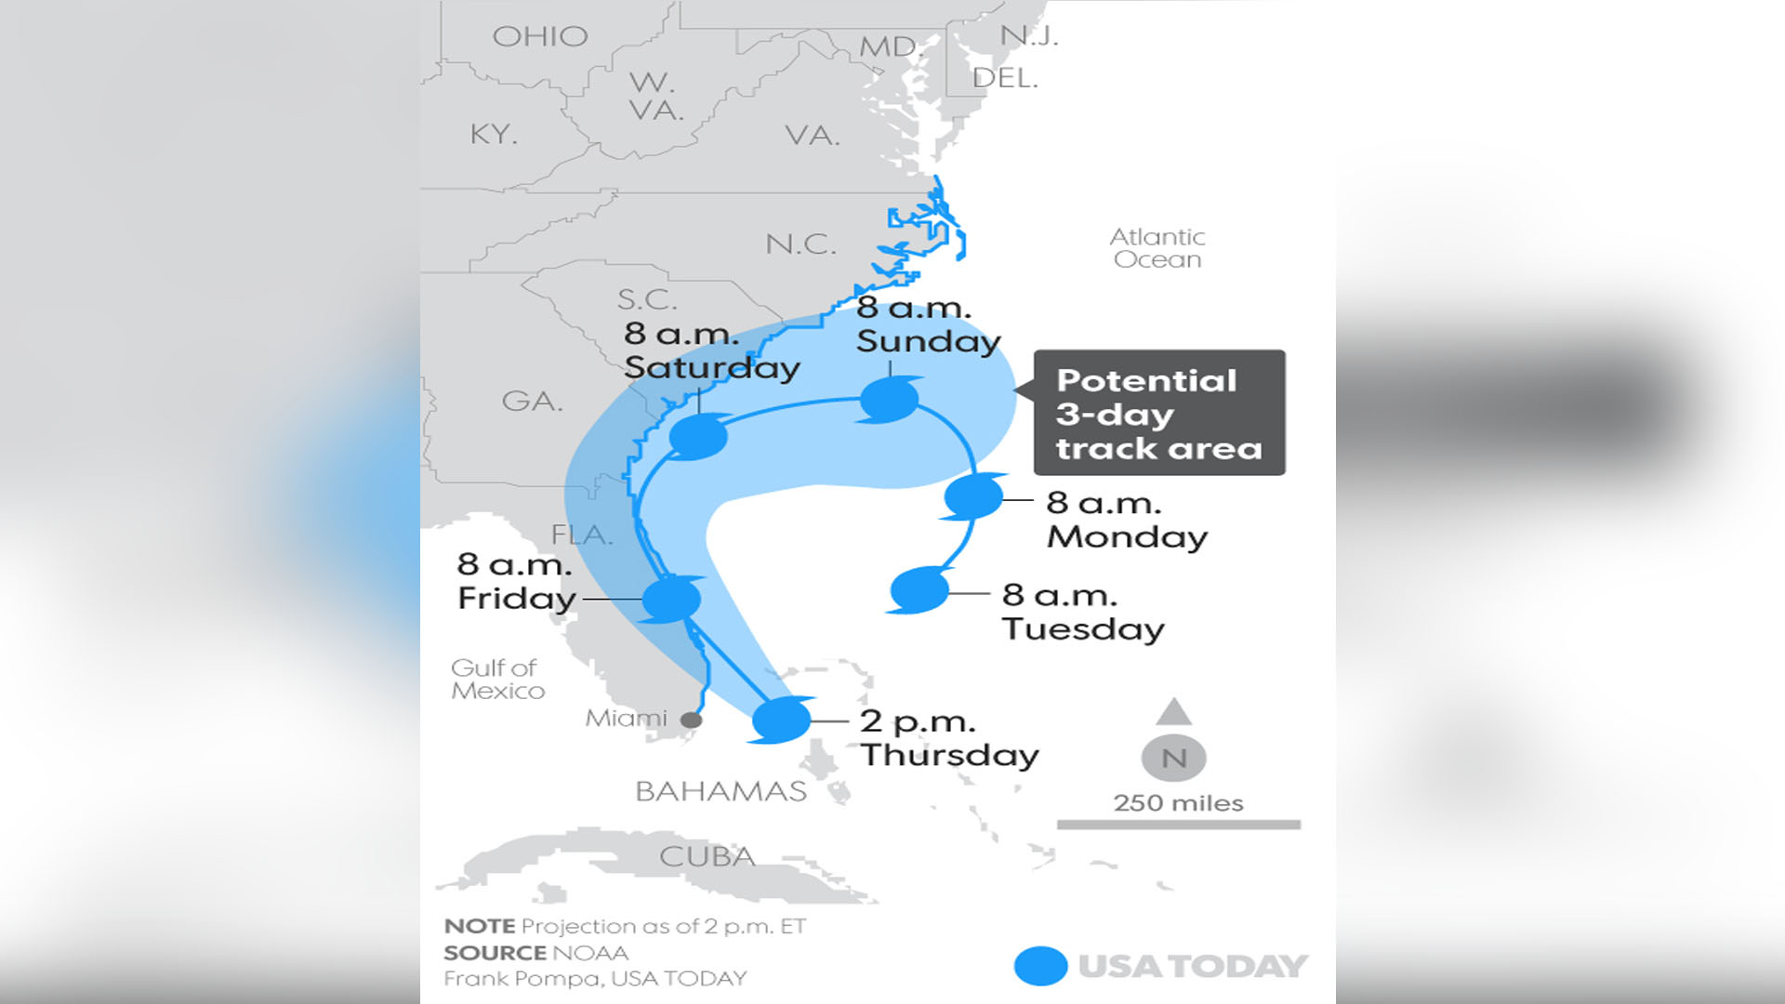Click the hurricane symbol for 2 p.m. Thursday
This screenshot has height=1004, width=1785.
pyautogui.click(x=781, y=720)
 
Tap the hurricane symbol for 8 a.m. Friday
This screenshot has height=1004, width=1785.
pyautogui.click(x=671, y=600)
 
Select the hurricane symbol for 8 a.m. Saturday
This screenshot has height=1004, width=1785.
pyautogui.click(x=698, y=436)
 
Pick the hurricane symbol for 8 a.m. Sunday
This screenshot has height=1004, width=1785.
pyautogui.click(x=890, y=400)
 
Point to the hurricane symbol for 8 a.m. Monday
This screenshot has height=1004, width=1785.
pyautogui.click(x=972, y=496)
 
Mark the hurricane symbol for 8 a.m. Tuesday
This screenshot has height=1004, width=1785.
pyautogui.click(x=919, y=589)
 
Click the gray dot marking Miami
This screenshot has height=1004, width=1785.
pyautogui.click(x=691, y=720)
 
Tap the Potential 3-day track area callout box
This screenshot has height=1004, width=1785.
pyautogui.click(x=1159, y=413)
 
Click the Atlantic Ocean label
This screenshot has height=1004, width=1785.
pyautogui.click(x=1157, y=248)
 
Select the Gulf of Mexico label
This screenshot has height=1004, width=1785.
pyautogui.click(x=496, y=680)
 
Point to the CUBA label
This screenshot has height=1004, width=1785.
pyautogui.click(x=707, y=856)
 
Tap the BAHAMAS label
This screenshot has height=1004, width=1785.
pyautogui.click(x=721, y=791)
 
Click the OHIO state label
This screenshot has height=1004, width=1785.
pyautogui.click(x=540, y=36)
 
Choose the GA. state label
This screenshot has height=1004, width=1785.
pyautogui.click(x=533, y=401)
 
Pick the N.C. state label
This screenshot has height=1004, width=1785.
pyautogui.click(x=800, y=244)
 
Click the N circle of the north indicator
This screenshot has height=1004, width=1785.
pyautogui.click(x=1173, y=759)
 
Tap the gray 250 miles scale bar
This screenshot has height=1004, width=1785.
pyautogui.click(x=1178, y=825)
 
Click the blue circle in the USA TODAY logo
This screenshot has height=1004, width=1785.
pyautogui.click(x=1040, y=966)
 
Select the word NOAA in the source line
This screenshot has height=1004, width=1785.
pyautogui.click(x=590, y=953)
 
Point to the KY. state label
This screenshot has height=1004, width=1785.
pyautogui.click(x=494, y=134)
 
